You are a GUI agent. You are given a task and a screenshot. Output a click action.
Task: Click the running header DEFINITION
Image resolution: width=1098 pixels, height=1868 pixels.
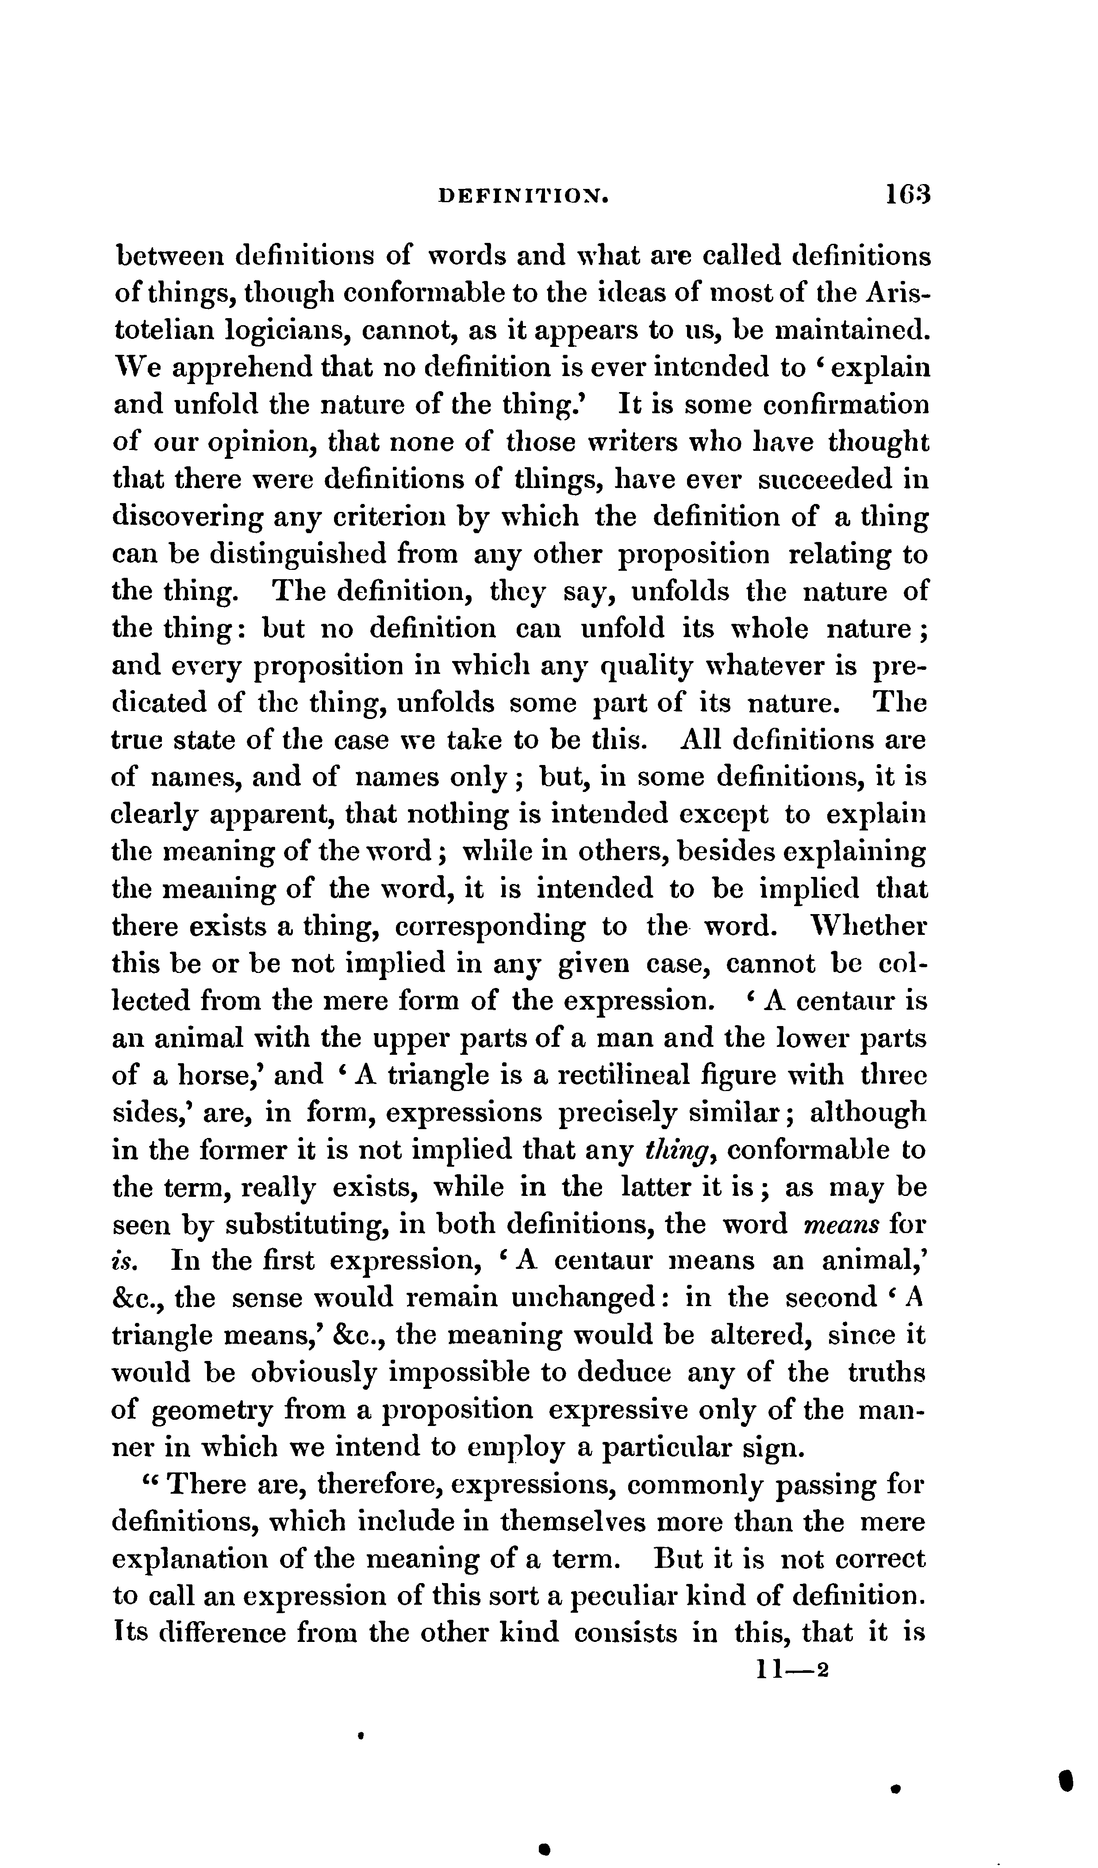525,196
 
